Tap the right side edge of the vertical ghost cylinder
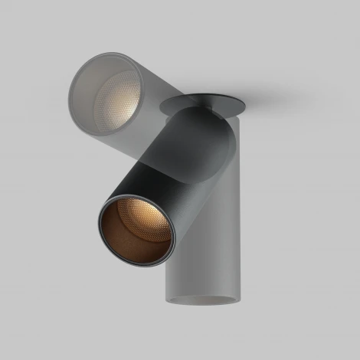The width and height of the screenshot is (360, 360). [240, 214]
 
